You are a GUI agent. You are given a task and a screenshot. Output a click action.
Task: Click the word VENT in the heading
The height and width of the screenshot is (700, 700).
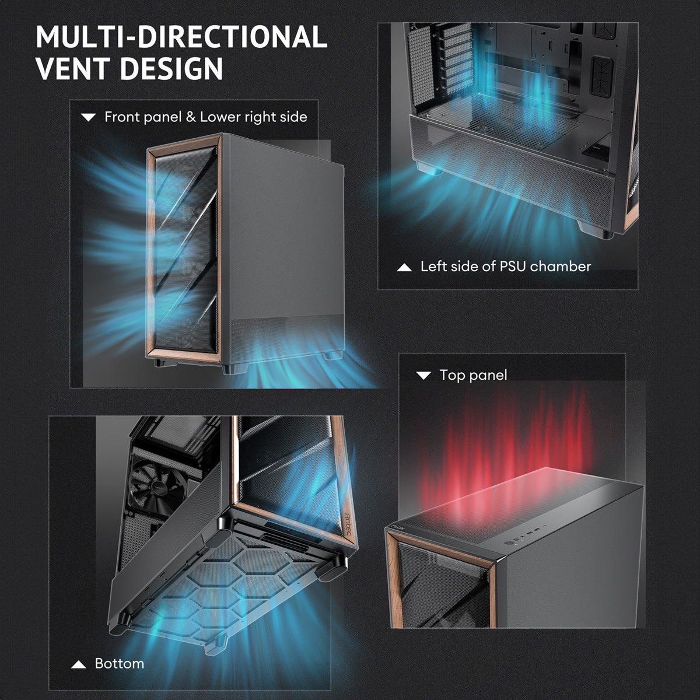pos(74,68)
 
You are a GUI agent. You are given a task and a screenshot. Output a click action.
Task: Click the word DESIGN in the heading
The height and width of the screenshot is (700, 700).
pos(171,68)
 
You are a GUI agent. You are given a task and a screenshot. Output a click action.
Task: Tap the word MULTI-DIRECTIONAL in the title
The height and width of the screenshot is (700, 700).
pos(181,36)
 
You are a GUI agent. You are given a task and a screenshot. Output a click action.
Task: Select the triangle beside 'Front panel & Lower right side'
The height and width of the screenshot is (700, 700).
pos(88,117)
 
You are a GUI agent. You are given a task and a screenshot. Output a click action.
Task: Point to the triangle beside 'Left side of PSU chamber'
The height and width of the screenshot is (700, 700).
pos(404,268)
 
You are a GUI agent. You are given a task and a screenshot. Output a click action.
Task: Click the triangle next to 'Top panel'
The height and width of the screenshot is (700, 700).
pos(423,375)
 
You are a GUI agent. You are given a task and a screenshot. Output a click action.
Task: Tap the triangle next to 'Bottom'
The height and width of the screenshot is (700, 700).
pos(79,665)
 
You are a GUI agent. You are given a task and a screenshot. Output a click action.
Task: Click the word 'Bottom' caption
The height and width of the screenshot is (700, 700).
pos(120,664)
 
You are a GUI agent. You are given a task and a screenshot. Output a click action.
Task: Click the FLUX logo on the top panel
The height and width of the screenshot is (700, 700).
pos(398,526)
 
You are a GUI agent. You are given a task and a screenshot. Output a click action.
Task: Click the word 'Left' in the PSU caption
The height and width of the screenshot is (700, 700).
pos(433,267)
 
